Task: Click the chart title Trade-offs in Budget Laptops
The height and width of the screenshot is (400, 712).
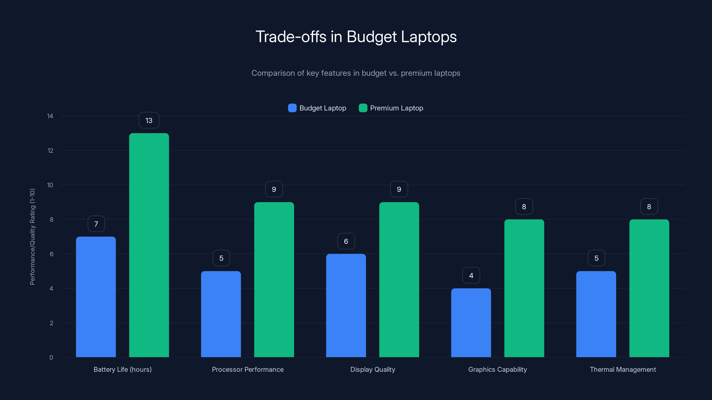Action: [x=356, y=37]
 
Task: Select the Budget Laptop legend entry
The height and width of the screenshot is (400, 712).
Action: [x=317, y=108]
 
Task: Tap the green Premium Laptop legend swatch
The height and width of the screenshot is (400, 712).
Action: [x=363, y=108]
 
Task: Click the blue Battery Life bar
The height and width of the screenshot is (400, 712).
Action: [x=96, y=297]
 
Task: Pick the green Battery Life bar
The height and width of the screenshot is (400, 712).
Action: [x=149, y=245]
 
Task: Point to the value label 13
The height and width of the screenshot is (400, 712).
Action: [x=149, y=120]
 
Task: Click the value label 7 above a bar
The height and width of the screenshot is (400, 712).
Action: [x=96, y=224]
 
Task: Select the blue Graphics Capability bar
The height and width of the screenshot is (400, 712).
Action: [x=471, y=323]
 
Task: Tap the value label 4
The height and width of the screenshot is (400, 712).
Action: [x=471, y=276]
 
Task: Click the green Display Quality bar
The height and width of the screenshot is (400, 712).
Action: [x=399, y=279]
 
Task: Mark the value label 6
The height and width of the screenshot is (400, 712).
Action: [x=346, y=241]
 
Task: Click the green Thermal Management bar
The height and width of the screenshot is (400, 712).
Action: [x=649, y=288]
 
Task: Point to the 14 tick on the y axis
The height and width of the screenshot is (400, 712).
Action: [x=50, y=116]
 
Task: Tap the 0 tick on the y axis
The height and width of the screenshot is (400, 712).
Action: [x=51, y=358]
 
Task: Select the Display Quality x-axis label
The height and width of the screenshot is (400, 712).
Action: [x=373, y=369]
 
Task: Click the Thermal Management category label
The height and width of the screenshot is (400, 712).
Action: [x=623, y=369]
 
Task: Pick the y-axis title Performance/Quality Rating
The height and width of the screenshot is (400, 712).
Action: [x=32, y=237]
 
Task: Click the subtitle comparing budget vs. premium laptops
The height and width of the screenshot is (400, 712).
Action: [x=356, y=73]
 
